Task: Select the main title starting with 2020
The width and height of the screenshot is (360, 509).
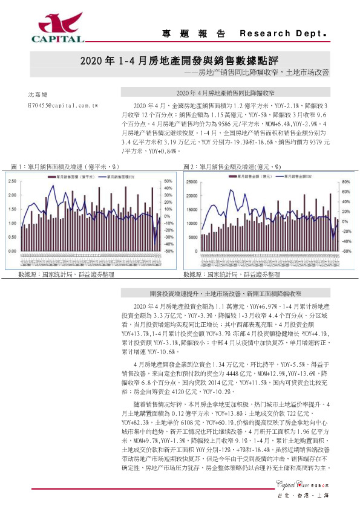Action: coord(179,60)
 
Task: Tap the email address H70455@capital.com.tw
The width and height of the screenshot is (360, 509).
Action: coord(63,105)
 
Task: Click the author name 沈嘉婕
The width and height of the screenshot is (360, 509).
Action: coord(37,95)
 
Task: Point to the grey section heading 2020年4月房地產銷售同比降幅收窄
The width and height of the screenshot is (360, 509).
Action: coord(225,94)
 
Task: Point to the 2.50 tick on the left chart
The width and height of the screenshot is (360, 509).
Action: coord(13,181)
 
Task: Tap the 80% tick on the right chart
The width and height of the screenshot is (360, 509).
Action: coord(347,181)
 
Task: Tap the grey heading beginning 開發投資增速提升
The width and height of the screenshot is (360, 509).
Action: coord(225,293)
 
